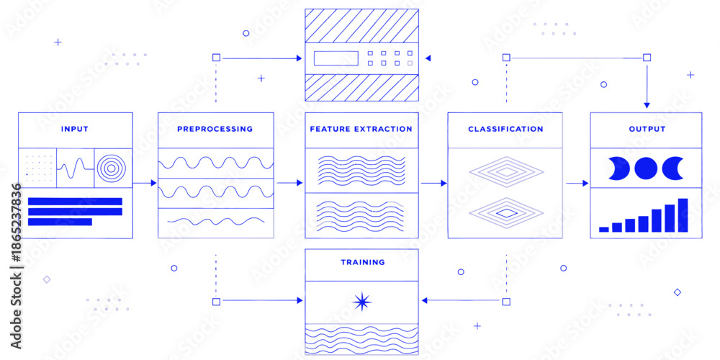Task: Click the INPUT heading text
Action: pyautogui.click(x=74, y=129)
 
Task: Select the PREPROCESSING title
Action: pyautogui.click(x=215, y=129)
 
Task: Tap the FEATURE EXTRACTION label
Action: pyautogui.click(x=361, y=129)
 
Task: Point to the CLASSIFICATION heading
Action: pyautogui.click(x=505, y=129)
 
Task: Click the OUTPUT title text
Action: pyautogui.click(x=647, y=129)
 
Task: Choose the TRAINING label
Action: pyautogui.click(x=363, y=263)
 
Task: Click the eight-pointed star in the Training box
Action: pyautogui.click(x=362, y=302)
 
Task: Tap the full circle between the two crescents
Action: pyautogui.click(x=646, y=168)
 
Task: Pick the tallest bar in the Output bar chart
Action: pyautogui.click(x=683, y=215)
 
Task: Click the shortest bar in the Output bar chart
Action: pyautogui.click(x=604, y=229)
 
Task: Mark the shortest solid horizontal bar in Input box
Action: pyautogui.click(x=60, y=222)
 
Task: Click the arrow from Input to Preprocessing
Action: pyautogui.click(x=145, y=183)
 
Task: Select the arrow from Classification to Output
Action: pyautogui.click(x=577, y=183)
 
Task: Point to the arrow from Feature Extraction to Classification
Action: pyautogui.click(x=434, y=183)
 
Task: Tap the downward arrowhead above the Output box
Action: pyautogui.click(x=647, y=105)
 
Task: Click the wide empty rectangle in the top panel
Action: pyautogui.click(x=336, y=58)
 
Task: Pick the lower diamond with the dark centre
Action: pyautogui.click(x=506, y=213)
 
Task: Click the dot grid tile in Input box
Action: pyautogui.click(x=37, y=168)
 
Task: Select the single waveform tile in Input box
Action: pyautogui.click(x=76, y=168)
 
